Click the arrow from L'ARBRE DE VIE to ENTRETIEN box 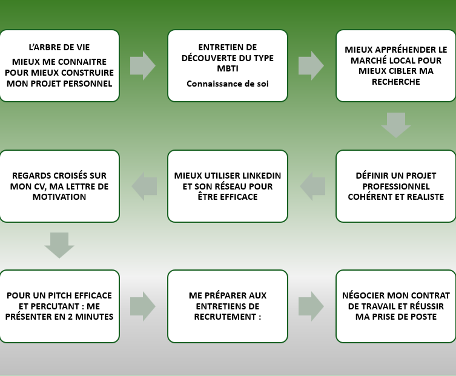coord(143,66)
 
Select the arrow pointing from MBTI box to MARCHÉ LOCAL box coord(311,66)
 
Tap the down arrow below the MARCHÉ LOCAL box coord(396,125)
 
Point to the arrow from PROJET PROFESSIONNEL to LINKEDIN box coord(312,186)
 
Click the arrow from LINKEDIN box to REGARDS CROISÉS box coord(144,186)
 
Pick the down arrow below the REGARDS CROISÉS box coord(59,245)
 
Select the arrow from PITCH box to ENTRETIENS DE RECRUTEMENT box coord(143,306)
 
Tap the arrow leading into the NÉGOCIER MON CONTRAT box coord(311,306)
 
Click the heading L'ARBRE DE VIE coord(59,47)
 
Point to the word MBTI coord(228,68)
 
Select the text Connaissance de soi coord(228,84)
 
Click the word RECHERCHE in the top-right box coord(396,82)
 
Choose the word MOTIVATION coord(59,197)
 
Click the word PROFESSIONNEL coord(396,186)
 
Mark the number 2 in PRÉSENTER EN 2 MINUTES coord(70,317)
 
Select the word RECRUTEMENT coord(225,317)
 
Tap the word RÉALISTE coord(425,197)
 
